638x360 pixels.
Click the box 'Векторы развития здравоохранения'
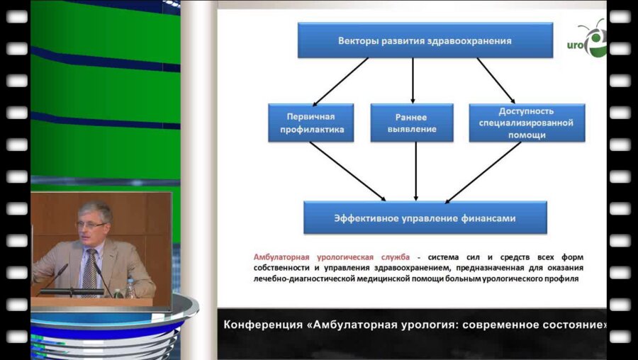click(x=425, y=40)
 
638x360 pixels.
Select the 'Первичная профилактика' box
click(x=310, y=123)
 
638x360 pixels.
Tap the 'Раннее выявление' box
click(x=412, y=123)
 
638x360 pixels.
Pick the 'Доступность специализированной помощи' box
click(x=527, y=123)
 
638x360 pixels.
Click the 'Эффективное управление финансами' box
click(x=425, y=218)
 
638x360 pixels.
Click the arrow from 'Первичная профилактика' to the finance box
click(x=347, y=171)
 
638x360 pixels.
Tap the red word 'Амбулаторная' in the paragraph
click(x=284, y=257)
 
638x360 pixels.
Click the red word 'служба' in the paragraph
click(x=394, y=257)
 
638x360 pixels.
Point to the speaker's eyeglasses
click(x=90, y=225)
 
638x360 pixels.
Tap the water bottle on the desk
click(x=130, y=287)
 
